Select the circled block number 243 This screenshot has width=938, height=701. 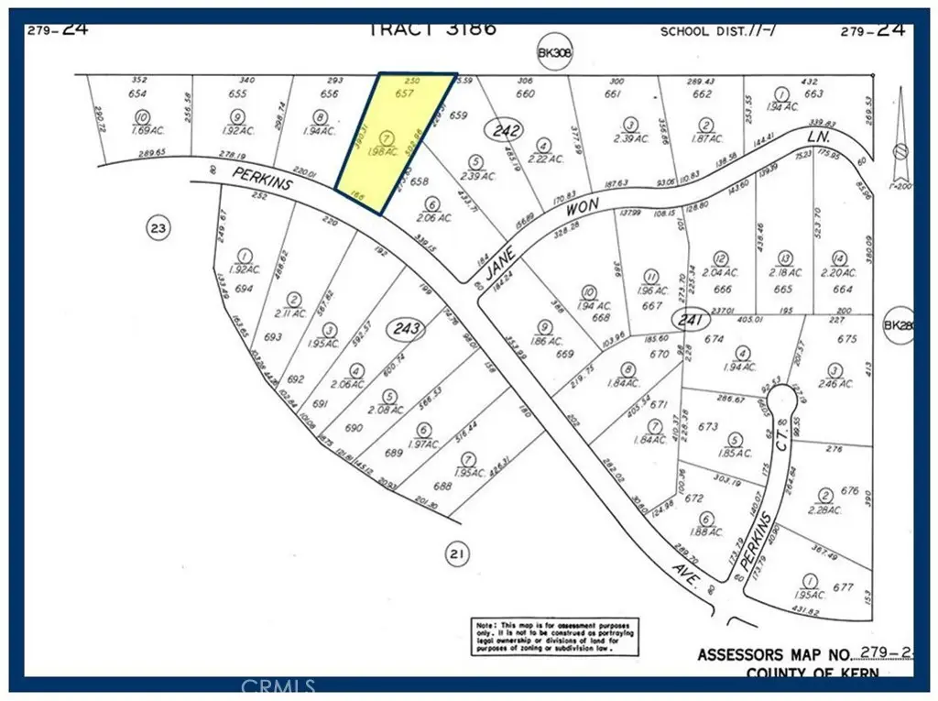[408, 328]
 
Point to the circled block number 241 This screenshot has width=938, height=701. [687, 320]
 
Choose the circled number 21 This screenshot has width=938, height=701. [455, 553]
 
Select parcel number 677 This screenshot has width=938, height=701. [844, 587]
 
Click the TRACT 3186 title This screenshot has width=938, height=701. [432, 28]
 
